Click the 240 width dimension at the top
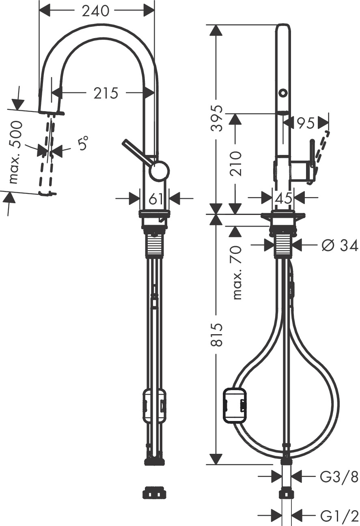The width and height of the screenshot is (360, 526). [x=96, y=11]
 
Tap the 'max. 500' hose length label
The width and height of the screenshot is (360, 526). [x=15, y=152]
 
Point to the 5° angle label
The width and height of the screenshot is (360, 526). [x=83, y=143]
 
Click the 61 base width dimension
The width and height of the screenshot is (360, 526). [x=156, y=199]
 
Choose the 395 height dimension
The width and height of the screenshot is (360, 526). [x=216, y=118]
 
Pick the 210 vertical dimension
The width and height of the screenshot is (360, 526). [x=236, y=163]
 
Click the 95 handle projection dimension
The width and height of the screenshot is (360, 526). [x=305, y=123]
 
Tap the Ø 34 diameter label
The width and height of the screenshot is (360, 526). [x=340, y=246]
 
